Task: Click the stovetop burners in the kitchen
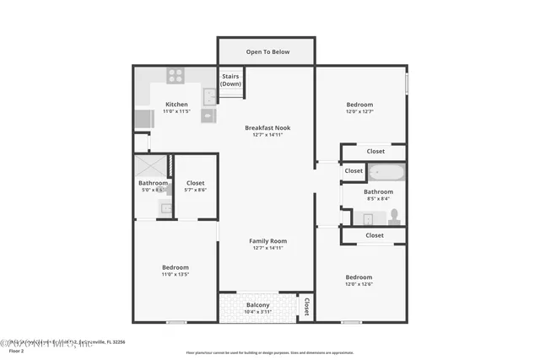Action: (x=175, y=76)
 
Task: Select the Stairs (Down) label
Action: (x=231, y=80)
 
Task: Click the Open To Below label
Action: (x=267, y=51)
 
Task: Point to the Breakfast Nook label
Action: (x=267, y=127)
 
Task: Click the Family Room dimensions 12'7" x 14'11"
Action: (x=267, y=248)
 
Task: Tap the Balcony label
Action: (x=257, y=304)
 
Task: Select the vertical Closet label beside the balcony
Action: (x=307, y=307)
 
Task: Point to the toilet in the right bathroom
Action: (x=393, y=216)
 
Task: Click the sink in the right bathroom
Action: (x=369, y=219)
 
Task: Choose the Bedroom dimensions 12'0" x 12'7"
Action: (x=359, y=111)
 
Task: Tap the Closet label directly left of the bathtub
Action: (x=354, y=171)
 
